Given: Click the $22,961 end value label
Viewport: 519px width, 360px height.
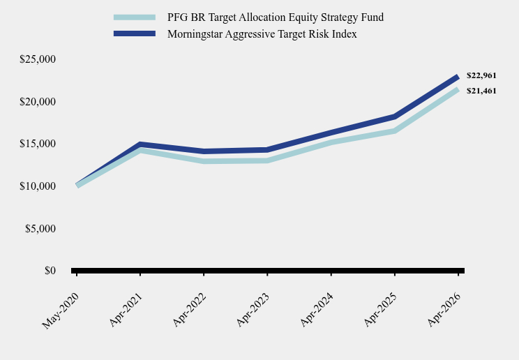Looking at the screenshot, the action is pyautogui.click(x=481, y=75).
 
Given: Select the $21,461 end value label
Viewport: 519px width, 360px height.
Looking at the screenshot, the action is pyautogui.click(x=481, y=91).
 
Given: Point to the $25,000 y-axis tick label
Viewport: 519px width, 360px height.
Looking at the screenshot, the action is pyautogui.click(x=38, y=59).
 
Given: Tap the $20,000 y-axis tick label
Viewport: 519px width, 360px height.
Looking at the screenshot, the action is pyautogui.click(x=38, y=101).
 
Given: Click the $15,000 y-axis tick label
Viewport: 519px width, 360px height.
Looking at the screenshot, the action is pyautogui.click(x=38, y=144).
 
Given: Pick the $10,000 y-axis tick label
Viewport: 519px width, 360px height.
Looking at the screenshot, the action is pyautogui.click(x=38, y=186).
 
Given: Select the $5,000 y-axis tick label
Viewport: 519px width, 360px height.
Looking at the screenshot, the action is pyautogui.click(x=40, y=228).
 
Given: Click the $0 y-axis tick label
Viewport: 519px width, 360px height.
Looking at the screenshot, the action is pyautogui.click(x=50, y=271).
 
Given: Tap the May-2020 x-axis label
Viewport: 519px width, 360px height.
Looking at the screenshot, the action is pyautogui.click(x=61, y=310).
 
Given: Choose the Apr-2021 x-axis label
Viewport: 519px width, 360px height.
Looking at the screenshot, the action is pyautogui.click(x=126, y=310).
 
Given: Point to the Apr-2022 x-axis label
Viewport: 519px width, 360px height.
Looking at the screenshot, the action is pyautogui.click(x=189, y=310).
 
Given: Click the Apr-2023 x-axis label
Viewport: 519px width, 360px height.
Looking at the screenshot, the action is pyautogui.click(x=253, y=310).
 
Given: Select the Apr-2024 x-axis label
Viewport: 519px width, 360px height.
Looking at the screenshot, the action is pyautogui.click(x=317, y=310).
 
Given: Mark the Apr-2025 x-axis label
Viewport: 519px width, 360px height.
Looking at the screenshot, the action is pyautogui.click(x=380, y=310).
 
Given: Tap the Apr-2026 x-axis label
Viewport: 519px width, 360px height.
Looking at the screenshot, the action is pyautogui.click(x=444, y=310).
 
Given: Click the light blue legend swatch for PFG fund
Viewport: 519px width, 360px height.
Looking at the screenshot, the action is pyautogui.click(x=135, y=17).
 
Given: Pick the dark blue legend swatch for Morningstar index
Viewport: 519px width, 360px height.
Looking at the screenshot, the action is pyautogui.click(x=135, y=33).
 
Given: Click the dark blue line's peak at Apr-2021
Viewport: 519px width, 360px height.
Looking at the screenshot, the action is pyautogui.click(x=140, y=144).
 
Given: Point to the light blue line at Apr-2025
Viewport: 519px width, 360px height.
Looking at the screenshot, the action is pyautogui.click(x=395, y=131).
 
